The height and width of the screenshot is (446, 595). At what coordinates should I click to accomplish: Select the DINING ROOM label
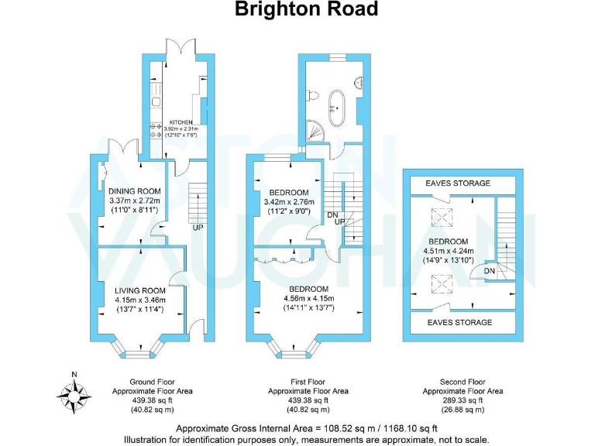click(135, 191)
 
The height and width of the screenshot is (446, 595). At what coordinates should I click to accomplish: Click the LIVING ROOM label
click(136, 290)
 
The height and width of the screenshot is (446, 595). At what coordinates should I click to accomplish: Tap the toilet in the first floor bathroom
click(314, 94)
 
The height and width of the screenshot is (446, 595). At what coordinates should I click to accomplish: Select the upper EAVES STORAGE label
click(458, 184)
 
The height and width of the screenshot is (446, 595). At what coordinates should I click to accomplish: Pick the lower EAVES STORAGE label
click(458, 322)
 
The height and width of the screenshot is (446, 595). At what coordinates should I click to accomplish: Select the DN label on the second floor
click(490, 271)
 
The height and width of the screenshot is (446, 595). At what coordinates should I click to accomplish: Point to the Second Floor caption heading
click(463, 382)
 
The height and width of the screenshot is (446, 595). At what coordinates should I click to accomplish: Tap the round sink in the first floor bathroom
click(359, 81)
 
